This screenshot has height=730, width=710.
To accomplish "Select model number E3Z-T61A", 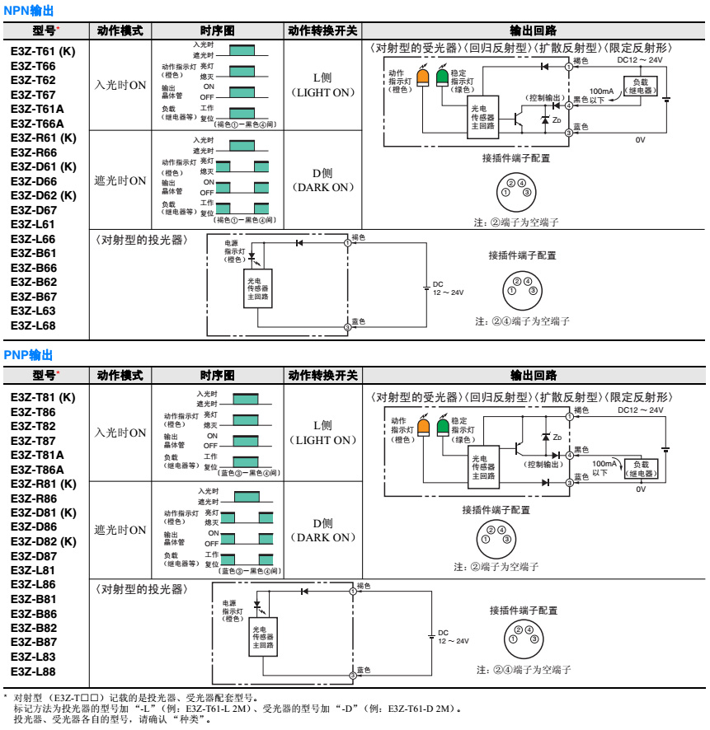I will click(37, 109).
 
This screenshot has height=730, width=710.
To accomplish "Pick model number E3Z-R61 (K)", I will click(43, 138).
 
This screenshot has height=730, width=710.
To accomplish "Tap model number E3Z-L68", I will click(33, 325).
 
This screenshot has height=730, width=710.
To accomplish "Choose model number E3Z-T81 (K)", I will click(43, 397).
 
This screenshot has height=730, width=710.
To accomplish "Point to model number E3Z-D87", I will click(34, 555).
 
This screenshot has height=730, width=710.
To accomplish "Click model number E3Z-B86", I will click(34, 613).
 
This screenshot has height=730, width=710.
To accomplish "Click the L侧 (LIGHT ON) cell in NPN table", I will click(322, 85).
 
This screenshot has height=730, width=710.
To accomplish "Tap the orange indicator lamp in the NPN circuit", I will click(423, 78).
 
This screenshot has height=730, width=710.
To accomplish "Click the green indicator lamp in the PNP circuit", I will click(443, 427).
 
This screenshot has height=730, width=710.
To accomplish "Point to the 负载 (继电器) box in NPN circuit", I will click(641, 86).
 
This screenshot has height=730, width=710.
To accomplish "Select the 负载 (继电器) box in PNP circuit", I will click(641, 469).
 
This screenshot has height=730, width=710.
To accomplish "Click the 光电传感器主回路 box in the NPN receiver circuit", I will click(482, 117).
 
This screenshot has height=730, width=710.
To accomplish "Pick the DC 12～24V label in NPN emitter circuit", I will click(448, 288).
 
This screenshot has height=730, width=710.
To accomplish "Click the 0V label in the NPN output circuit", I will click(640, 139).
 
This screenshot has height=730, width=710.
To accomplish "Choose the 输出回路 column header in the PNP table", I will click(534, 376).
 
